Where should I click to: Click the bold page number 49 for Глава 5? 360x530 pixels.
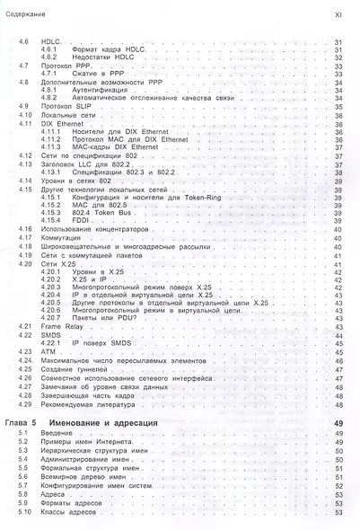point(338,421)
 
